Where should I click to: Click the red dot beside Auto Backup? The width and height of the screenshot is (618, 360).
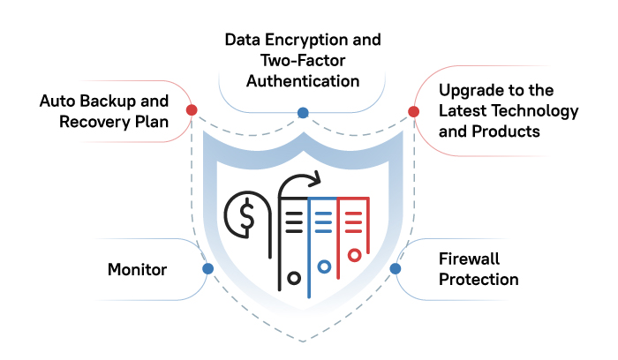[x=192, y=110]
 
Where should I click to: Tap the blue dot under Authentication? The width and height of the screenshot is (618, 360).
[x=303, y=113]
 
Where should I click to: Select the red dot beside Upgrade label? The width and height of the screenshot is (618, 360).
[x=413, y=111]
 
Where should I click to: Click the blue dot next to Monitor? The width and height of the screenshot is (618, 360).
[x=208, y=268]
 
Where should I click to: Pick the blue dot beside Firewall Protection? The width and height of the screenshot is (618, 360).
[x=396, y=268]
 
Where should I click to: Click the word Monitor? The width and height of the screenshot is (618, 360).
[x=137, y=270]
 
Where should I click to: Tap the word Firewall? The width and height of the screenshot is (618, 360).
[x=469, y=259]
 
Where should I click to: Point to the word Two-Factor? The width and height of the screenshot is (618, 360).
[x=303, y=61]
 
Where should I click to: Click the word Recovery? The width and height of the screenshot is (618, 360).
[x=94, y=122]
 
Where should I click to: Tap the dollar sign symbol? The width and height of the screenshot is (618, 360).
[x=247, y=215]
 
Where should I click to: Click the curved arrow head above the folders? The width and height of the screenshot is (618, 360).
[x=316, y=179]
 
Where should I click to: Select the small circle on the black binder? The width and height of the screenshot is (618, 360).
[x=294, y=279]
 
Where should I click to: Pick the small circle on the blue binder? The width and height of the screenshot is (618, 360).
[x=324, y=266]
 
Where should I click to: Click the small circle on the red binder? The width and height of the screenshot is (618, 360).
[x=354, y=255]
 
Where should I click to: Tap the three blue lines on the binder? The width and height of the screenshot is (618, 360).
[x=324, y=222]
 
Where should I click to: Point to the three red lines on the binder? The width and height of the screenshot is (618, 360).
[x=353, y=222]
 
